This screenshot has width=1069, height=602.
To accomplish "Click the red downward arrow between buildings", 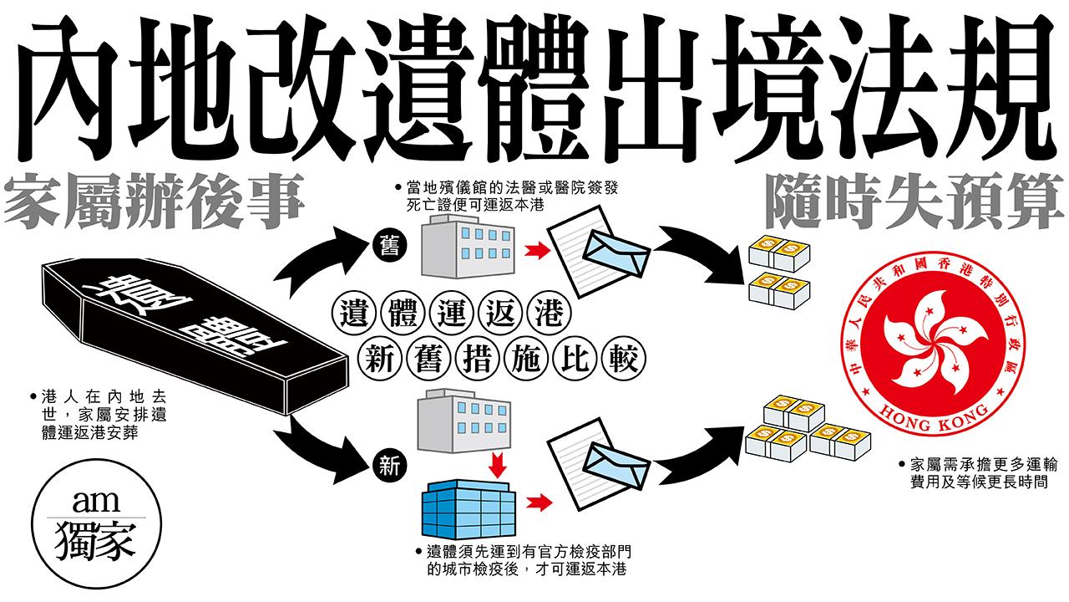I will coord(499,464).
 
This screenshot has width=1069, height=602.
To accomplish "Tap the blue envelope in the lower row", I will coord(620,460).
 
